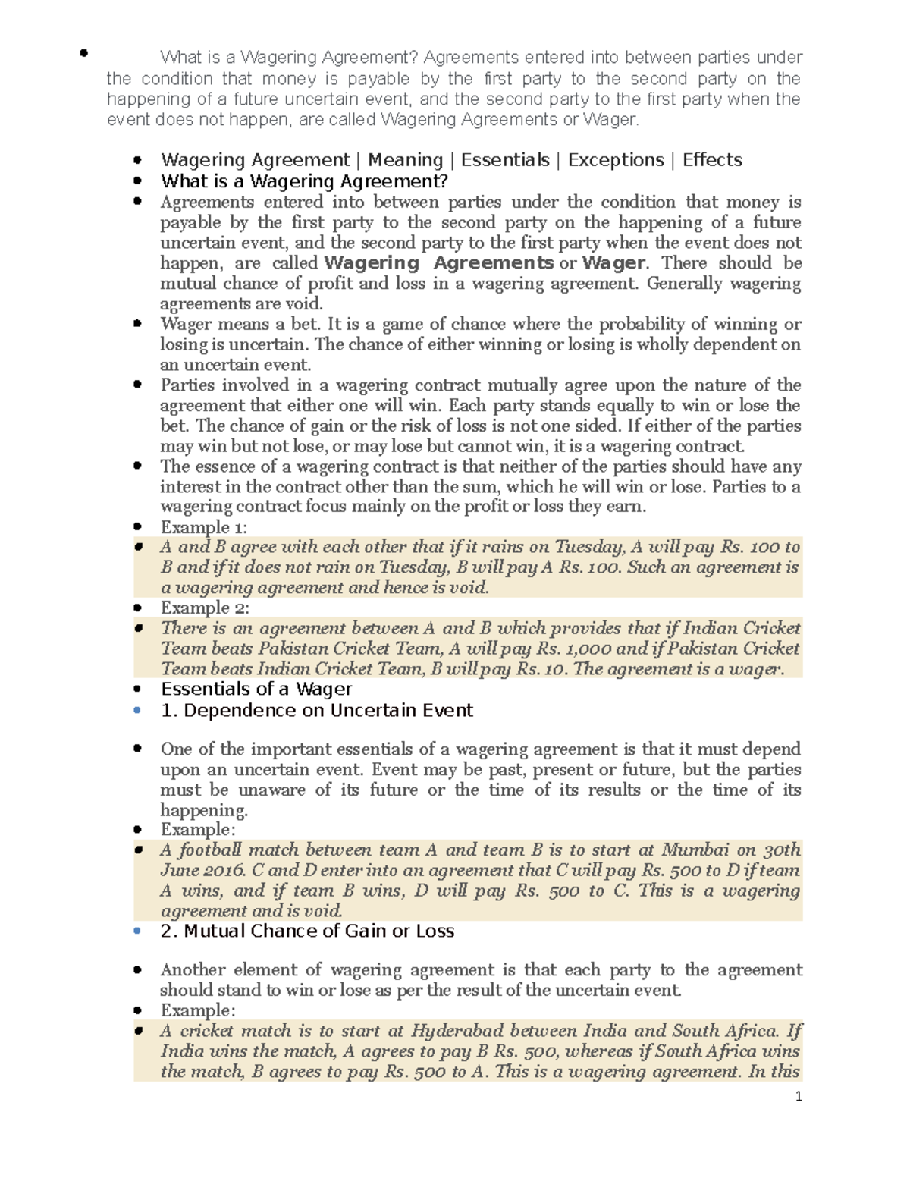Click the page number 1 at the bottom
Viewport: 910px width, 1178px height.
(x=798, y=1096)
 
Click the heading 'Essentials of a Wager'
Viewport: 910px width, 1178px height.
(x=256, y=689)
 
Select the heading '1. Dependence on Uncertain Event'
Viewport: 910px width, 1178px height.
(x=316, y=710)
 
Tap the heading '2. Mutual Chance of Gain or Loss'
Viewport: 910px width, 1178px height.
(x=307, y=931)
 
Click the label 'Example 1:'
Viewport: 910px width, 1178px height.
(x=203, y=527)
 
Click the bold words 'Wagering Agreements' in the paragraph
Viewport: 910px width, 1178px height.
(x=438, y=263)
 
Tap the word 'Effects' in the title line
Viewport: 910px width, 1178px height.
(x=711, y=160)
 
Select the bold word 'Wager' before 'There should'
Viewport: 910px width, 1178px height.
(x=613, y=263)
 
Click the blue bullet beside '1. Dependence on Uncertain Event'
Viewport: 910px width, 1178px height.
(x=137, y=710)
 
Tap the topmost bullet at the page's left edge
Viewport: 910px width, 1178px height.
(x=83, y=53)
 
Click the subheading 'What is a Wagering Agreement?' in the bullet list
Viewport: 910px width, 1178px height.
(x=304, y=181)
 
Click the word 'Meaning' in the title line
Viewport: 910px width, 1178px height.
(x=405, y=160)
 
